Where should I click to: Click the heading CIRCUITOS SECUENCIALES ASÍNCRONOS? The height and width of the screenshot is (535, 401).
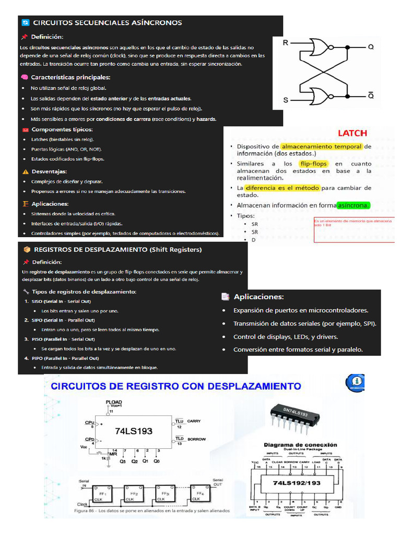[x=107, y=22]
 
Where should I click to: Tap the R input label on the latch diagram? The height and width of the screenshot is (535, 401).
[x=285, y=43]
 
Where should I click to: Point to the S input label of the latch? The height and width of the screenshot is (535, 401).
[x=286, y=99]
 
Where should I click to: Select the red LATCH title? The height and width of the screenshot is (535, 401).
[x=352, y=133]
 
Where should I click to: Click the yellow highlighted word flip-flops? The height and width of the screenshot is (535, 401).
[x=313, y=164]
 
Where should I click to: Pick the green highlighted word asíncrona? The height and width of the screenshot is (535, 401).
[x=353, y=205]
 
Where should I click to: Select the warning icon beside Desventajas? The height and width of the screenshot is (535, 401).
[x=26, y=171]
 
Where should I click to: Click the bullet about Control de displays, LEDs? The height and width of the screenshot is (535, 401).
[x=286, y=336]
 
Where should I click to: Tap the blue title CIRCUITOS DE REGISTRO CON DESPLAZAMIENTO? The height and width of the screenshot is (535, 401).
[x=175, y=387]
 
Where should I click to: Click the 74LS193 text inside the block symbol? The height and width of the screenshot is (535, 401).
[x=133, y=431]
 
